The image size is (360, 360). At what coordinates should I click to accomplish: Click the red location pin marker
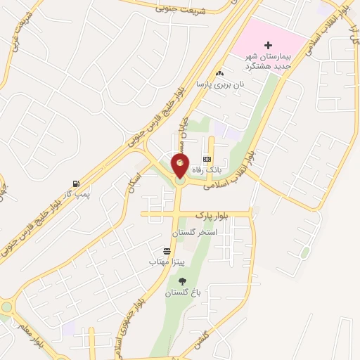180,166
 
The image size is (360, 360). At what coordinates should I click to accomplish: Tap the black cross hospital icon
268,44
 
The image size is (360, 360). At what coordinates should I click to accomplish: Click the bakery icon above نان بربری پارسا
220,73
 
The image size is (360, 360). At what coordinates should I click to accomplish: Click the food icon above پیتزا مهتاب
167,251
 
